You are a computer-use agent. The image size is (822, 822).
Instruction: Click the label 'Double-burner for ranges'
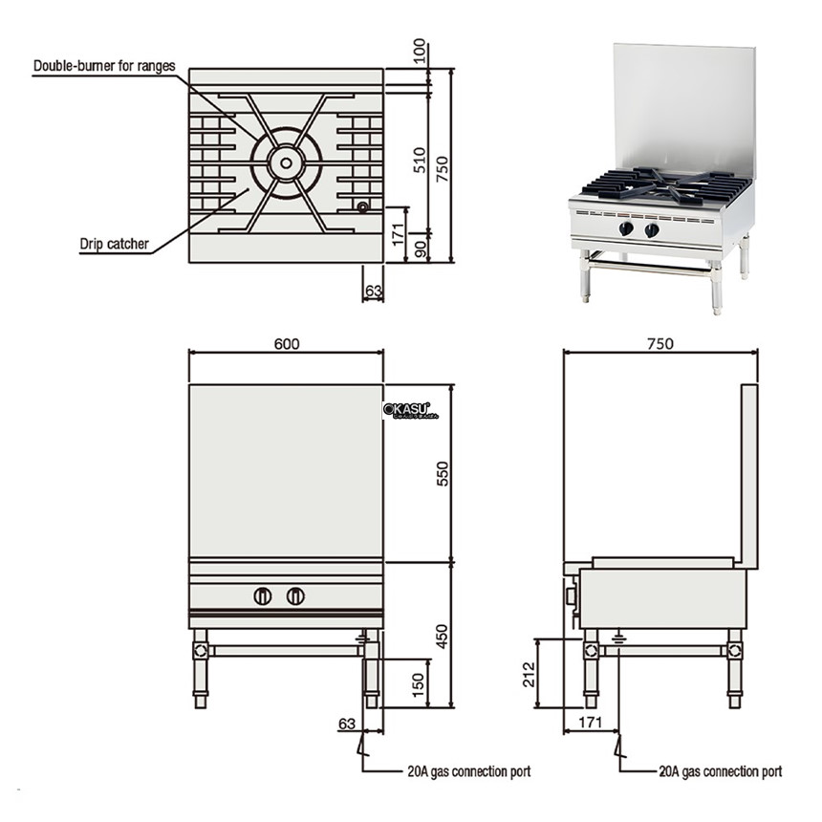[104, 66]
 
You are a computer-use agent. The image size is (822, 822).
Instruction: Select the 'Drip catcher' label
[114, 244]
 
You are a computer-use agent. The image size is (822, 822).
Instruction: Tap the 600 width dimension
[286, 344]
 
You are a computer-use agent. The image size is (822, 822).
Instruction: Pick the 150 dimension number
[420, 683]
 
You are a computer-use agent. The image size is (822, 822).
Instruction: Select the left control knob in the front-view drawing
[263, 596]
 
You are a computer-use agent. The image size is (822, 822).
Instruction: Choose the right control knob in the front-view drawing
[295, 596]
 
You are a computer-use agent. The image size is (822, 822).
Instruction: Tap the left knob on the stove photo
[627, 229]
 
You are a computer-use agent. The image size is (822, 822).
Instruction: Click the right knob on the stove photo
[652, 229]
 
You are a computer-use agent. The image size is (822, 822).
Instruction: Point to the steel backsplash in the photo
[683, 105]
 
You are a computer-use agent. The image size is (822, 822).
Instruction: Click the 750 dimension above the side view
[660, 344]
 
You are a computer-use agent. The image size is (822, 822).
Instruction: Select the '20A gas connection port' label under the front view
[468, 770]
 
